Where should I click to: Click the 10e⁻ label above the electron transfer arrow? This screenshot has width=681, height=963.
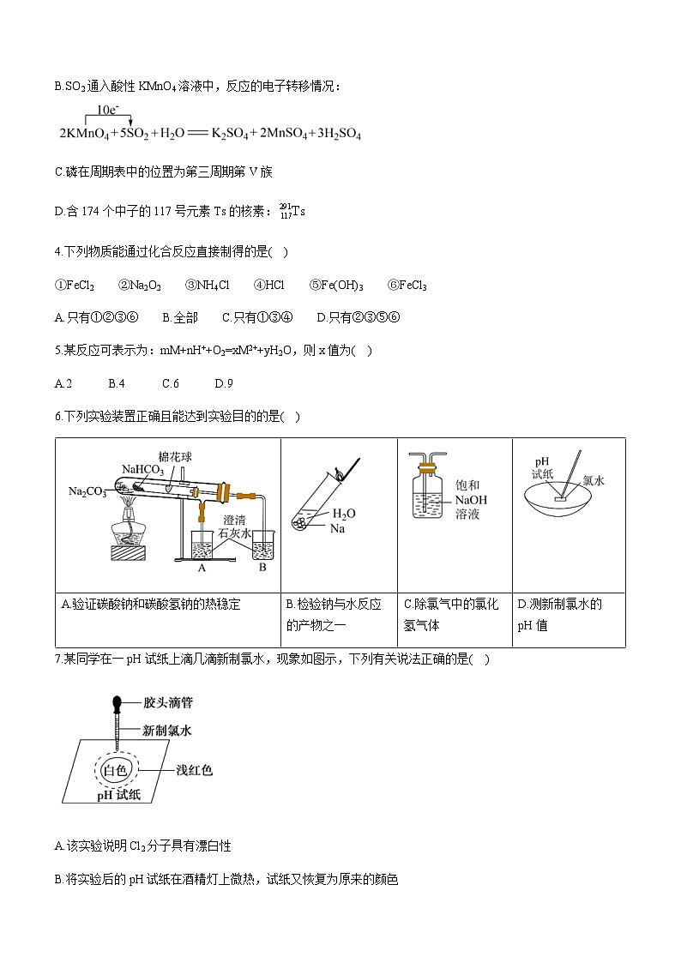[108, 110]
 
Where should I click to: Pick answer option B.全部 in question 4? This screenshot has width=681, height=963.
[180, 317]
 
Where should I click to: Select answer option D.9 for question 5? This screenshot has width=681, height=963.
[224, 383]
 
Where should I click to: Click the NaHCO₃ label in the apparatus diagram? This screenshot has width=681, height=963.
[142, 469]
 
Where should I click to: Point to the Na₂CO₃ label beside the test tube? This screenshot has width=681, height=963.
[87, 491]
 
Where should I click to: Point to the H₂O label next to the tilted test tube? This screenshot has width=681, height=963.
[343, 513]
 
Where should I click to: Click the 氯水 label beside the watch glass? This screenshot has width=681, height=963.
[594, 481]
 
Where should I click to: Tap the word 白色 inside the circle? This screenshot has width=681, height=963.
[114, 770]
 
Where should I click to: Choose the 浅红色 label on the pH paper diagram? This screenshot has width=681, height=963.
[194, 770]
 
